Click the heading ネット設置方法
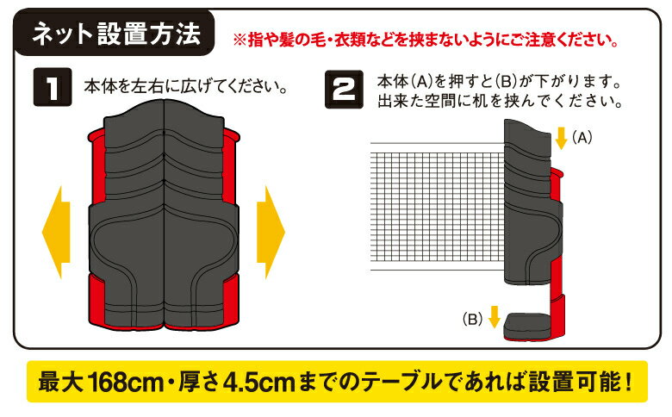pyautogui.click(x=116, y=35)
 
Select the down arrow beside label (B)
pyautogui.click(x=494, y=318)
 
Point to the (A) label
pyautogui.click(x=583, y=136)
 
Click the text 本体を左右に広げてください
pyautogui.click(x=184, y=87)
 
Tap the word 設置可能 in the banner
pyautogui.click(x=575, y=381)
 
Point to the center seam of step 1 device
pyautogui.click(x=164, y=215)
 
